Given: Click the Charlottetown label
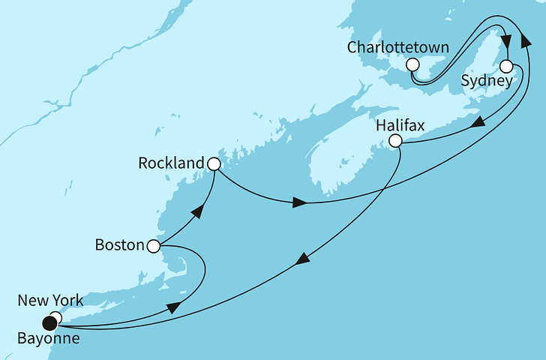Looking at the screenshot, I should [x=398, y=48].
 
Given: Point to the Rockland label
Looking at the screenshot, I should [x=171, y=163].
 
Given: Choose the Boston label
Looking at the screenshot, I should [x=120, y=245].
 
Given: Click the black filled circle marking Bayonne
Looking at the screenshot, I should [x=49, y=324].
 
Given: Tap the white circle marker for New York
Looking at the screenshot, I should [x=56, y=317].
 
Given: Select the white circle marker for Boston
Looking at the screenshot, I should [x=153, y=245].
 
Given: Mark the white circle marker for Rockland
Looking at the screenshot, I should [x=214, y=163].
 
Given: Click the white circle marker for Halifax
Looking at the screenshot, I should [x=396, y=141].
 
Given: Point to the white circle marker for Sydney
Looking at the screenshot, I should [x=507, y=65].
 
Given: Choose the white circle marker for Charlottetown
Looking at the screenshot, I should [x=412, y=65].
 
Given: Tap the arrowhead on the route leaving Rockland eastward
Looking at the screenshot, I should [x=299, y=202].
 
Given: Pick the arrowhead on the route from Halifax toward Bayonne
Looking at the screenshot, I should [x=301, y=259].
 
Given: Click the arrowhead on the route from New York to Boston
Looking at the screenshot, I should [x=172, y=307].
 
